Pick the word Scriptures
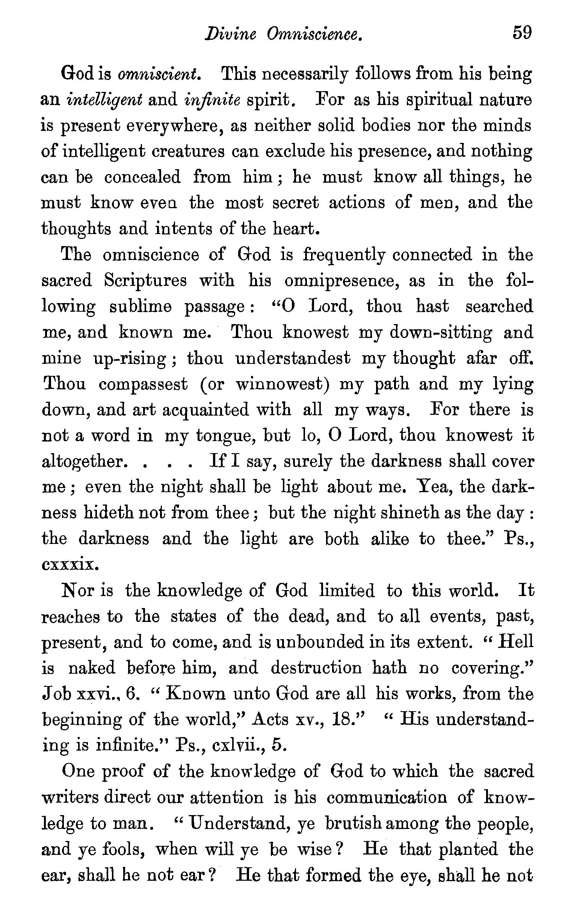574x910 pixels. [x=145, y=281]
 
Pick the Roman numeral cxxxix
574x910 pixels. [x=70, y=565]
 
